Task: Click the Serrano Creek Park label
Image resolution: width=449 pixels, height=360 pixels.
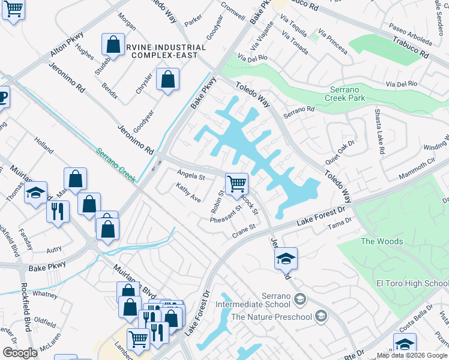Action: pos(345,92)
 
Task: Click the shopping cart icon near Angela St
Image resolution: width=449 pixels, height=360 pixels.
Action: pos(237,182)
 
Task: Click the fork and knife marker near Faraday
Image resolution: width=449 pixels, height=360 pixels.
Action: pos(58,212)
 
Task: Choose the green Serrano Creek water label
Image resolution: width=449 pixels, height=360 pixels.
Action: pos(118,163)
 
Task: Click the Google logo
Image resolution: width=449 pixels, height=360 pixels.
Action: pos(20,353)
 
